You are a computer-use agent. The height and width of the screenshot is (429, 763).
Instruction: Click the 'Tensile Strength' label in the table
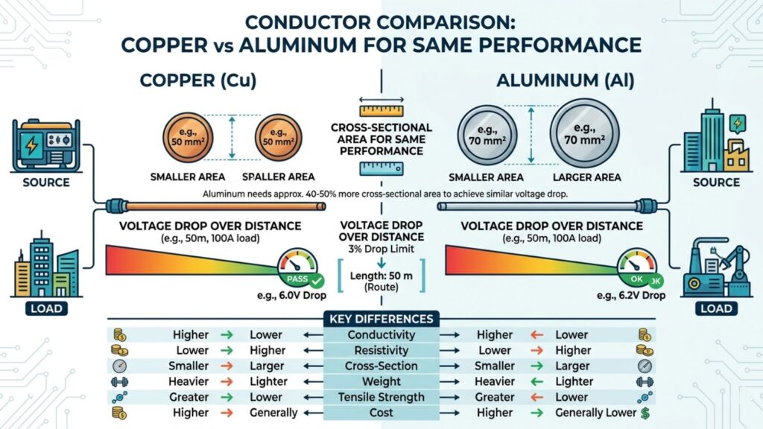click(x=381, y=397)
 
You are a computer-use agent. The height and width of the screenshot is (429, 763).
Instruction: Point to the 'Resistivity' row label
click(x=381, y=350)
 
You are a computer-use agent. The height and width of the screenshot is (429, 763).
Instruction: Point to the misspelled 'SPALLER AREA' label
click(x=278, y=177)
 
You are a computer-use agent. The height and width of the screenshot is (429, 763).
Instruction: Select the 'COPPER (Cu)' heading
click(x=197, y=80)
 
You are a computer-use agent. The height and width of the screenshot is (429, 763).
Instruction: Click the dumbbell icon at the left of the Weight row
click(x=118, y=381)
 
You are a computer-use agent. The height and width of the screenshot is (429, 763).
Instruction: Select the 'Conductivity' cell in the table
click(x=381, y=334)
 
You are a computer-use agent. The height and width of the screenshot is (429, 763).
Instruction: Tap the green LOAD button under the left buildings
click(x=46, y=308)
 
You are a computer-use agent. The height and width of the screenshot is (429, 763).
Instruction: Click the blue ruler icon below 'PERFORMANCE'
click(x=380, y=168)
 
